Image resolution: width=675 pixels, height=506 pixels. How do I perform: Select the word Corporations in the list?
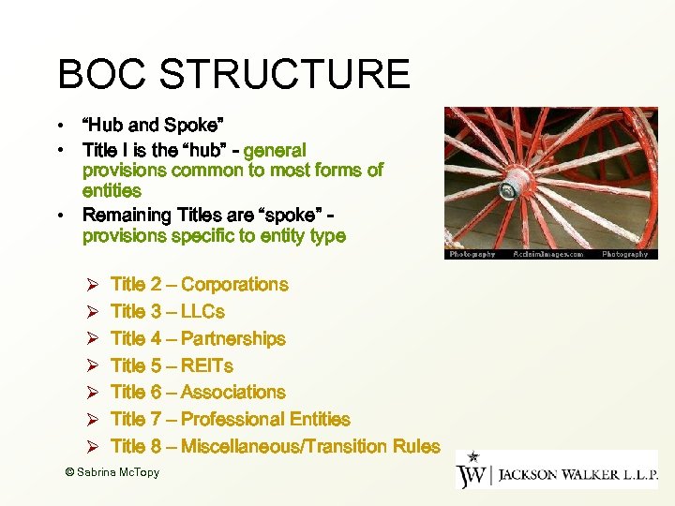coord(234,285)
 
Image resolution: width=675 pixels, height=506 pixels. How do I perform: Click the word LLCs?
coord(202,312)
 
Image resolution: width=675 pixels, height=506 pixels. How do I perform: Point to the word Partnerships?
coord(233,339)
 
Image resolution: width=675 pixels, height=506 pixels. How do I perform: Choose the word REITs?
coord(207,366)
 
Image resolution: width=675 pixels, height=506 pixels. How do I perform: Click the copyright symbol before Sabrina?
coord(69,473)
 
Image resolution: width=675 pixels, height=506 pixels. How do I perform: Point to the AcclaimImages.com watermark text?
coord(547,254)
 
